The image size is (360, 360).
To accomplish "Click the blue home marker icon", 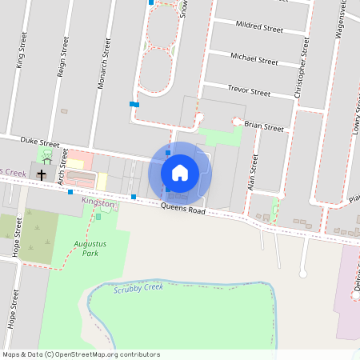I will (x=180, y=172).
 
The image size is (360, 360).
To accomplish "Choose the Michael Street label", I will (x=254, y=58).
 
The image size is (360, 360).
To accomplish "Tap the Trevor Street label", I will (x=249, y=91).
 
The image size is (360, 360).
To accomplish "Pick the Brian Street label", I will (x=264, y=126).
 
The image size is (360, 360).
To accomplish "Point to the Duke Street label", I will (x=40, y=144).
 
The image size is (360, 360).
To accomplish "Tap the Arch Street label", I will (x=62, y=170).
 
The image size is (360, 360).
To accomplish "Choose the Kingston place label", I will (x=98, y=204).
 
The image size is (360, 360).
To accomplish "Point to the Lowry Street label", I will (x=354, y=112).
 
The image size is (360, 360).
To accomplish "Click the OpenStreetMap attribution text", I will (x=80, y=354).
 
